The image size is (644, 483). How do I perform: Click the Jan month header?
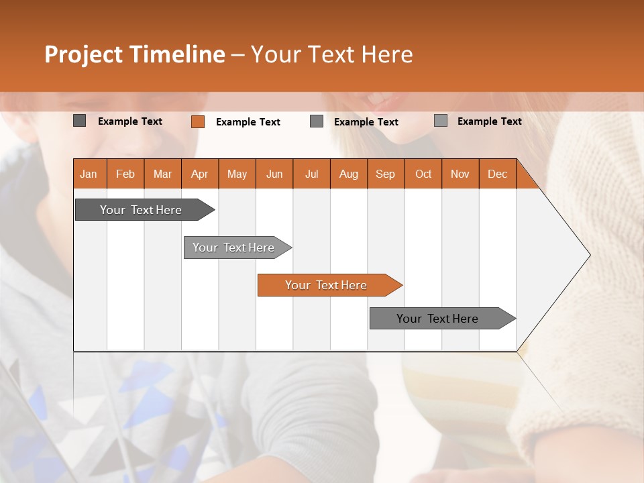(x=89, y=174)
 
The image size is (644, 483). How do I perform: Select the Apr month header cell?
(x=199, y=174)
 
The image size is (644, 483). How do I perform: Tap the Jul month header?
(x=311, y=174)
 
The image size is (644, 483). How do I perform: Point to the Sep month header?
(x=385, y=174)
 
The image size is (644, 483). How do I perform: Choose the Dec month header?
(x=497, y=174)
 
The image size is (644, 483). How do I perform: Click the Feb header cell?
(x=125, y=174)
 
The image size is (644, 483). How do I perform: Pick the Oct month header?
(x=423, y=174)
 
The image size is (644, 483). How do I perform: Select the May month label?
(x=237, y=174)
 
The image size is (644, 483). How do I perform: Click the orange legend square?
(x=198, y=121)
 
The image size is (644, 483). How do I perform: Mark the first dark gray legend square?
(x=80, y=121)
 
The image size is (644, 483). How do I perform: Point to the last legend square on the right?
(x=441, y=121)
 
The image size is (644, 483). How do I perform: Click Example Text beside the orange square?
(x=248, y=122)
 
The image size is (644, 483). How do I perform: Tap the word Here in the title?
(x=387, y=54)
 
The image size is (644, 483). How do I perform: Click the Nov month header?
(x=460, y=174)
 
